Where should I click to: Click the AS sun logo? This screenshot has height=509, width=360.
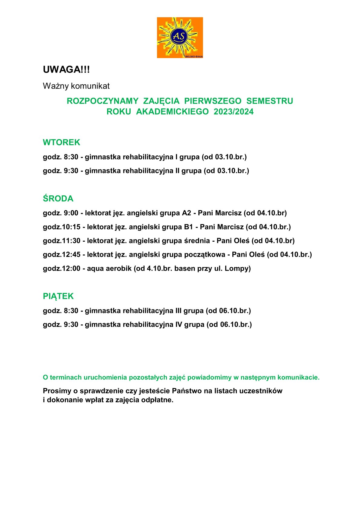(180, 38)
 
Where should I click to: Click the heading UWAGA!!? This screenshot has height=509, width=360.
(66, 70)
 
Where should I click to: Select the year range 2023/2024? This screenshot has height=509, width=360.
(234, 112)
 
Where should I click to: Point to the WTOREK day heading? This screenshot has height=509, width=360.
(61, 142)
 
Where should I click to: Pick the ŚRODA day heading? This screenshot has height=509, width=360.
(58, 199)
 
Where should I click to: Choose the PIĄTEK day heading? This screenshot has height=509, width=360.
(58, 296)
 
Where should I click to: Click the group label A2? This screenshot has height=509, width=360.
(186, 213)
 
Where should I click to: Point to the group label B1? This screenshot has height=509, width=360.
(188, 227)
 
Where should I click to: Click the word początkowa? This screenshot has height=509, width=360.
(207, 255)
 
